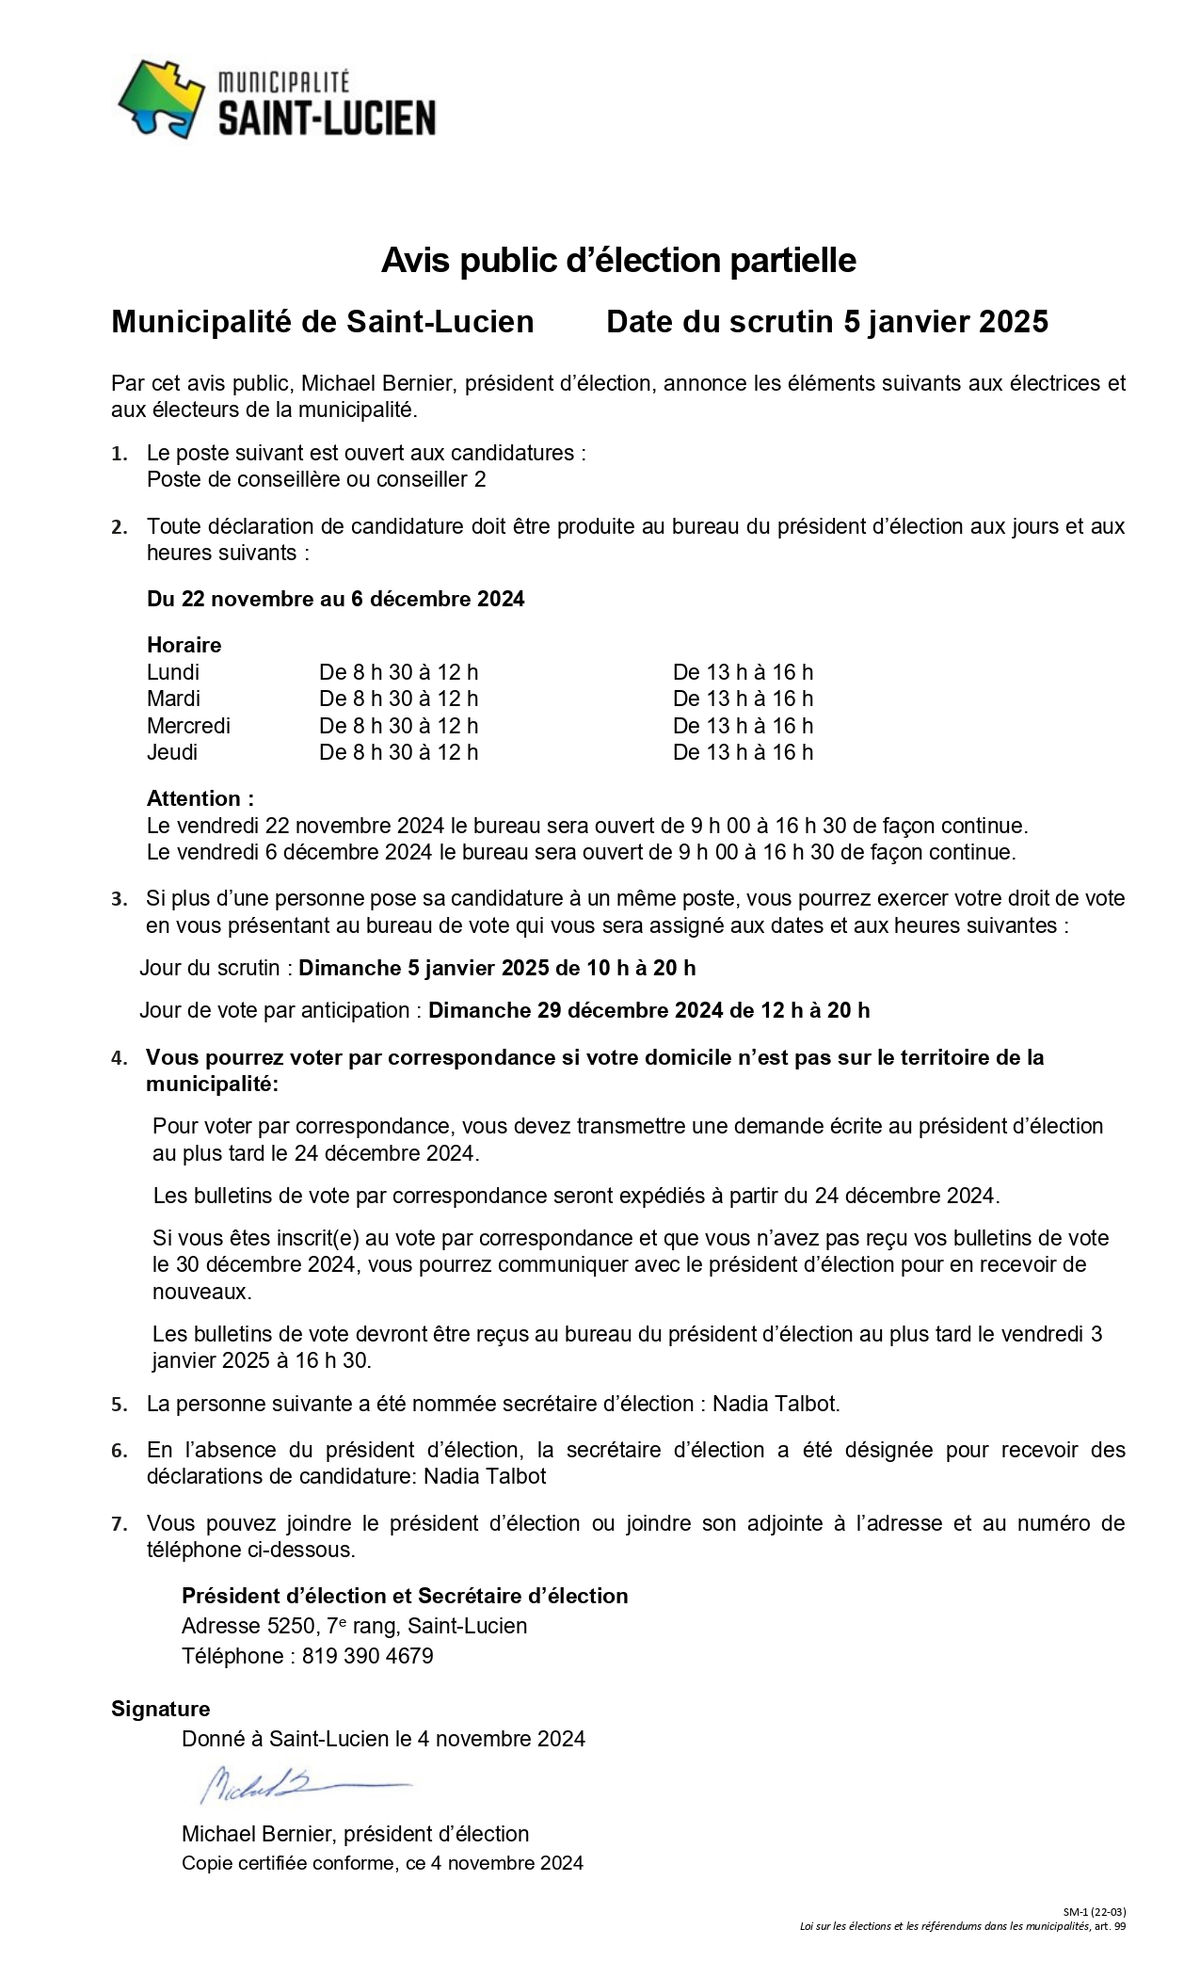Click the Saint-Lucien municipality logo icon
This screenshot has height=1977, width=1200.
click(161, 98)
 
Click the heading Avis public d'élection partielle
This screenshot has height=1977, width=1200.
click(618, 261)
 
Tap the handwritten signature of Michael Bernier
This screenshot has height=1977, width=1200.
click(301, 1782)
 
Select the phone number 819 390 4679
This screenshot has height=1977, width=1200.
click(367, 1656)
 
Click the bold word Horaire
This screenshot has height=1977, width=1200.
click(184, 645)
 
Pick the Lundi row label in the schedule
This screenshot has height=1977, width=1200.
click(173, 672)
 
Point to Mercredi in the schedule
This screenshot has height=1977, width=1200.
click(188, 726)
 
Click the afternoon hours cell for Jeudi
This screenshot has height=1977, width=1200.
click(743, 752)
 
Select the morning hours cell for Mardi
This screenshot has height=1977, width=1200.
click(398, 699)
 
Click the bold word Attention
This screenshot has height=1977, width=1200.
click(200, 798)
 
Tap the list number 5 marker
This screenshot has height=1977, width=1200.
click(120, 1406)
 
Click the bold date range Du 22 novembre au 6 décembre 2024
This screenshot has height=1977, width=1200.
click(336, 599)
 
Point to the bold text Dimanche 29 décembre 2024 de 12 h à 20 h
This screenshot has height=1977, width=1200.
click(648, 1010)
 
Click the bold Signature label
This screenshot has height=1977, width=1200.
click(161, 1709)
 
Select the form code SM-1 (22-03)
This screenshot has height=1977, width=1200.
click(1095, 1912)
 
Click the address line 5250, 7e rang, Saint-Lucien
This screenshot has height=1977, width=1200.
click(354, 1626)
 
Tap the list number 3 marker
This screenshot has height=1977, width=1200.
click(120, 900)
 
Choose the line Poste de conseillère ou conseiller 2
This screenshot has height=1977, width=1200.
click(316, 479)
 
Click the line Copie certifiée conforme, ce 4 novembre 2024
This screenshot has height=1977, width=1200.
click(382, 1863)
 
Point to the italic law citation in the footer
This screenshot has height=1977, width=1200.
click(962, 1926)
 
